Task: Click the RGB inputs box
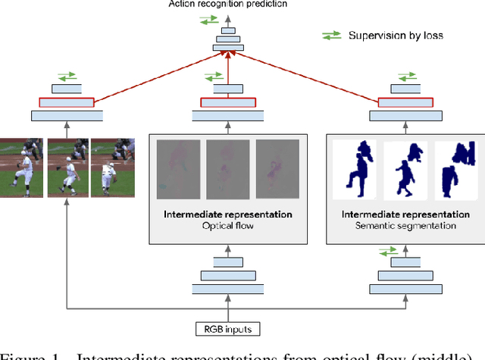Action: click(227, 330)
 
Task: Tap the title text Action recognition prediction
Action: click(227, 5)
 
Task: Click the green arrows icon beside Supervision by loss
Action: click(332, 35)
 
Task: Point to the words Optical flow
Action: click(227, 225)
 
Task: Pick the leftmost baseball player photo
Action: click(22, 167)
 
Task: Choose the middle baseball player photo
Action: click(67, 167)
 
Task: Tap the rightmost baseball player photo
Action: click(113, 167)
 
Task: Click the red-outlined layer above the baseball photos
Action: click(65, 102)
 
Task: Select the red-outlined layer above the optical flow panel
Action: click(227, 102)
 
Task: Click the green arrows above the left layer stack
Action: click(65, 76)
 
